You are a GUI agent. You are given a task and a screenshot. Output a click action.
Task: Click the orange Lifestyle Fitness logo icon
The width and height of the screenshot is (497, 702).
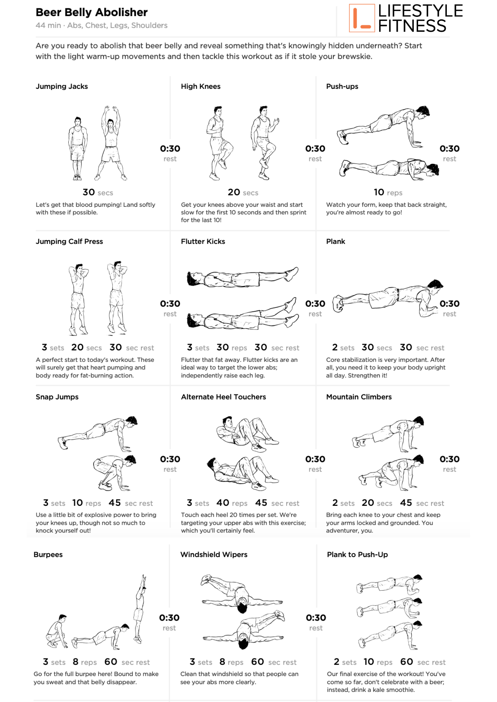point(362,18)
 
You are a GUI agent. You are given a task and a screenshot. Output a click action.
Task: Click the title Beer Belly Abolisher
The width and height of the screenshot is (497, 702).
point(92,12)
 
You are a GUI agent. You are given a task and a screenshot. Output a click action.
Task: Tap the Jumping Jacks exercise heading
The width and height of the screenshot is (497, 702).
point(62,86)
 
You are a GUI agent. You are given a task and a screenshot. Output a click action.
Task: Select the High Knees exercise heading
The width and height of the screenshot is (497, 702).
point(201,86)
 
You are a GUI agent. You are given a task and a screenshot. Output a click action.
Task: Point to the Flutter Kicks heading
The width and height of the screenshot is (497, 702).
point(203,241)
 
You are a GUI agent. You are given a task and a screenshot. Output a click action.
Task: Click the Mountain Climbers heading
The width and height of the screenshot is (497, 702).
point(359,397)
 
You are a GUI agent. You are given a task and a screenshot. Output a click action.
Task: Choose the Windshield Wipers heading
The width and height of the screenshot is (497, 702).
point(214,555)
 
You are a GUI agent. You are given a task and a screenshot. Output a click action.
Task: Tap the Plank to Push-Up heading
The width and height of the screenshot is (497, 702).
point(357,555)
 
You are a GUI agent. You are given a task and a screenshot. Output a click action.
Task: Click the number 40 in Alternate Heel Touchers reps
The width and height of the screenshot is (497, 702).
point(223,503)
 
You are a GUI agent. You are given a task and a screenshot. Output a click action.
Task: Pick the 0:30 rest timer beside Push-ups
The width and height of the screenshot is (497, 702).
point(449,149)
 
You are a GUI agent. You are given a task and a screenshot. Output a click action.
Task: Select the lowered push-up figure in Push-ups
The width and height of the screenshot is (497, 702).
point(389,168)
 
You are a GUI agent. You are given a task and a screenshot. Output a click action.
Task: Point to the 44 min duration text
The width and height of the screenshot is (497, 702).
point(48,26)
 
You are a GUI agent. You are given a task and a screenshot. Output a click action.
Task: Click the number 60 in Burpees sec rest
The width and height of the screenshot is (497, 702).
point(111,662)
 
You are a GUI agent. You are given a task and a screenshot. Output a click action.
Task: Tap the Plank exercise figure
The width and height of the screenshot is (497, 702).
point(388,298)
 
